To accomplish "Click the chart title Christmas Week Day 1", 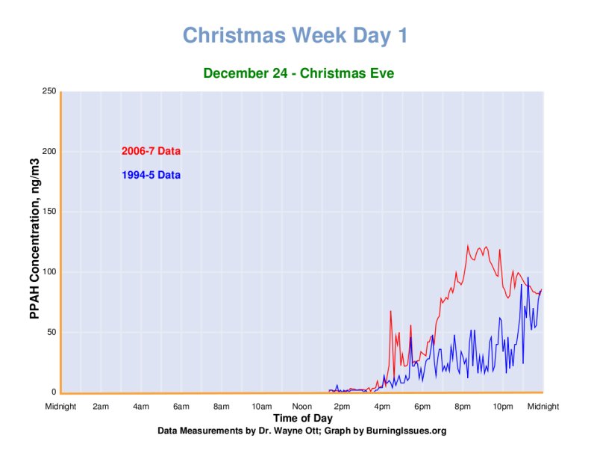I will pos(296,36).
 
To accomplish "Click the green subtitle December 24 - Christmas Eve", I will pos(298,73).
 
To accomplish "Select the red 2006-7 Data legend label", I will pos(151,151).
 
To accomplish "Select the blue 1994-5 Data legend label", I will pos(151,176).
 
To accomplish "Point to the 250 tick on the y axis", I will pos(49,91).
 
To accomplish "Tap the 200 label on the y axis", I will pos(49,152).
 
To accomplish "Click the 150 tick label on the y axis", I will pos(49,212).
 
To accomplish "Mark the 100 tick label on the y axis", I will pos(49,272).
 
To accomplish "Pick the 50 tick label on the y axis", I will pos(51,332).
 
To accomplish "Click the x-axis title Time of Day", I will pos(302,418).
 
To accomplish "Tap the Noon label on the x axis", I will pos(302,407).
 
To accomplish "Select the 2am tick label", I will pos(101,407).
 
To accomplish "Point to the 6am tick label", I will pos(181,407).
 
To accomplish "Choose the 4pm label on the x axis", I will pos(382,407).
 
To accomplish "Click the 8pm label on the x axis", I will pos(463,407).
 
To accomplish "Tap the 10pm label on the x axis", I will pos(503,407).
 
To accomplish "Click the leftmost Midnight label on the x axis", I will pos(60,407).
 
